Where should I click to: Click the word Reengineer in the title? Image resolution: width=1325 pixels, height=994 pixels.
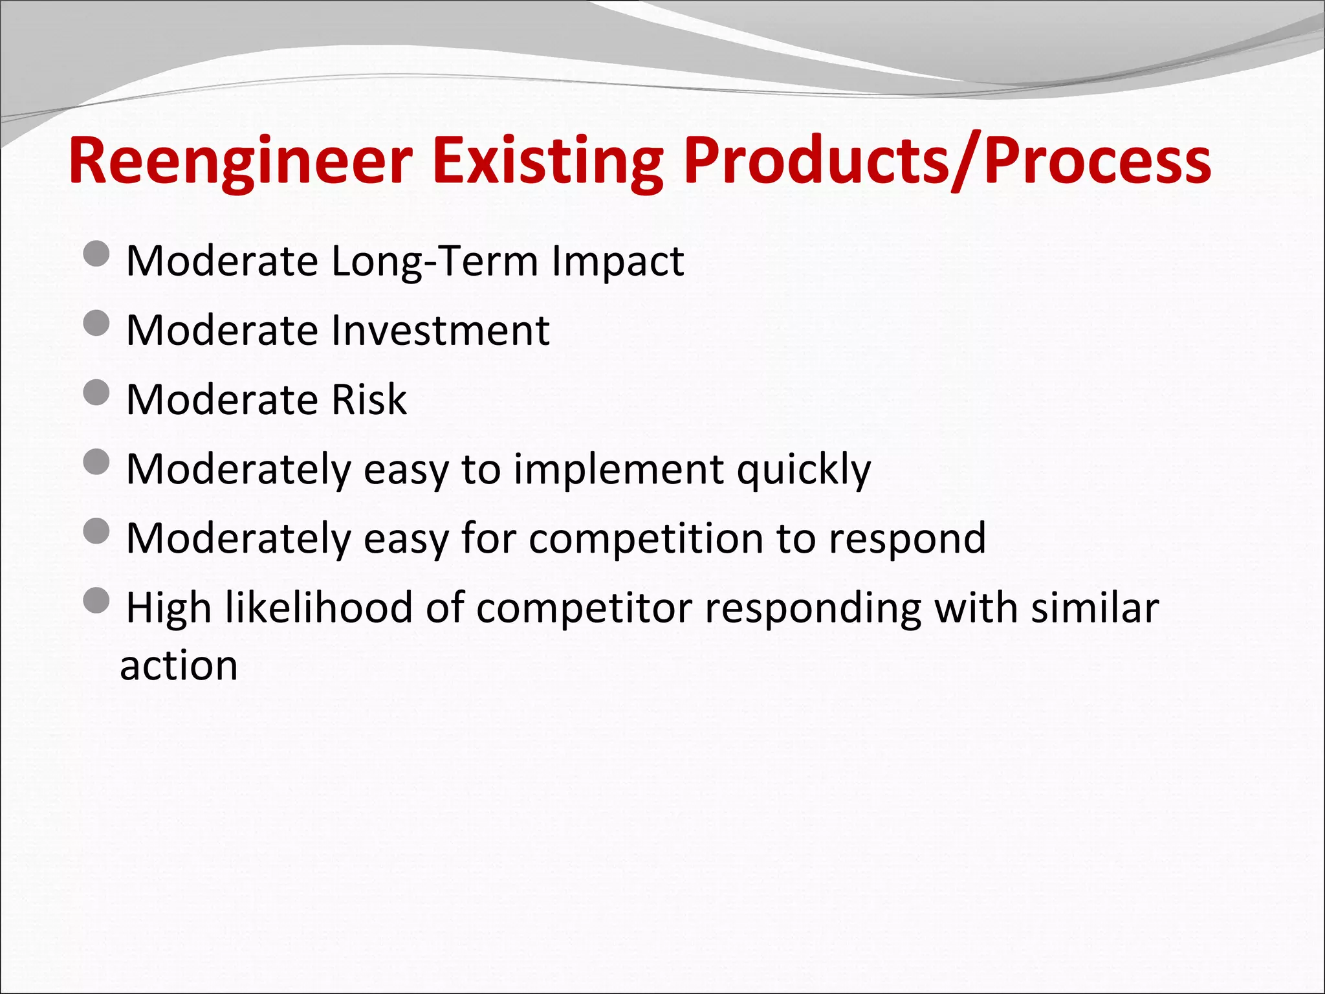coord(241,162)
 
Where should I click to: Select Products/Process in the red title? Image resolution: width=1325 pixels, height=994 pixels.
coord(947,162)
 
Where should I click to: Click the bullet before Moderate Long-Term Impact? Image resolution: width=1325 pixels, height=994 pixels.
coord(97,254)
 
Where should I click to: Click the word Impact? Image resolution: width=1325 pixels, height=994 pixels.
coord(618,261)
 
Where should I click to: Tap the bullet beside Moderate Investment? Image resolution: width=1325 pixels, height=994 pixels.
coord(97,324)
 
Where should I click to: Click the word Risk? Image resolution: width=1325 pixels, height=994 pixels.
coord(369,400)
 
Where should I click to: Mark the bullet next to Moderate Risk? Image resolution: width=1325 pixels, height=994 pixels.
coord(97,393)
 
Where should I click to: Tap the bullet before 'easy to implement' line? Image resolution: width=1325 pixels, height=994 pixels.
coord(97,462)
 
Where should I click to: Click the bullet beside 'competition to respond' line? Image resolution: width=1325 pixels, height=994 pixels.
coord(97,531)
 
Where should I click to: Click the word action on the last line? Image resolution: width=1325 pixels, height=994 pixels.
coord(179,665)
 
